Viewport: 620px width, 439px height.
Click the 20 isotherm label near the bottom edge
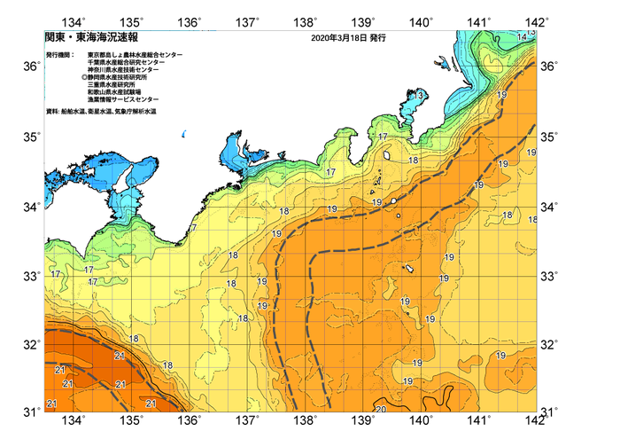pos(380,410)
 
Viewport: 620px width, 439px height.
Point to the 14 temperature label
pos(522,35)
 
